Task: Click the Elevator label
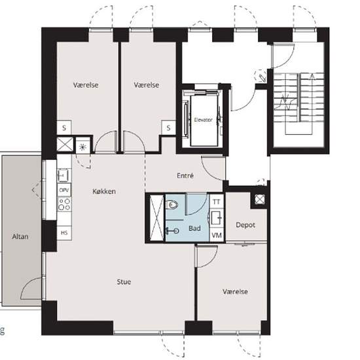coord(203,120)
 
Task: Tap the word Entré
coord(185,175)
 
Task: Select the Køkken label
coord(104,191)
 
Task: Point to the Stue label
coord(124,281)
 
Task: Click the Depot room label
coord(245,225)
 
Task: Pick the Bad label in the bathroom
coord(194,228)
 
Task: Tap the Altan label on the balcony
coord(20,236)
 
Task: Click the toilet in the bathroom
coord(171,204)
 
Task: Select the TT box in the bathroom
coord(217,202)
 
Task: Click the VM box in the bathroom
coord(217,235)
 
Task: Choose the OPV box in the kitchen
coord(64,190)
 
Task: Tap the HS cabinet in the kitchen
coord(64,233)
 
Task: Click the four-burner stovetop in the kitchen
coord(64,204)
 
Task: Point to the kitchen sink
coord(64,175)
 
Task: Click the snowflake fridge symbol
coord(82,147)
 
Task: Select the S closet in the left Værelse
coord(64,128)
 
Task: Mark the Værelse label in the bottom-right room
coord(235,291)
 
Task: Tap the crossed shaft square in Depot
coord(260,199)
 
